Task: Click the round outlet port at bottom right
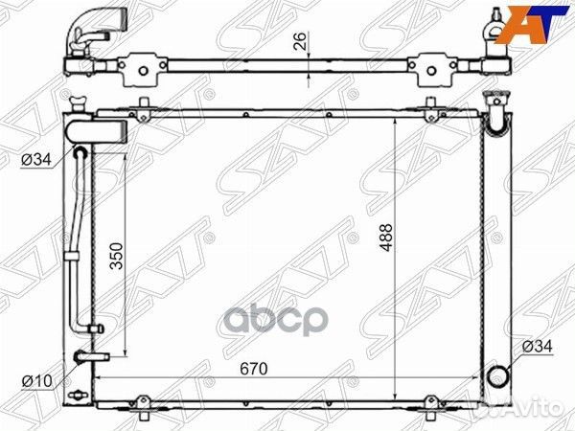(x=498, y=375)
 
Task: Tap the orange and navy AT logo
(x=529, y=23)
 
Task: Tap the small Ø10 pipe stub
(x=91, y=357)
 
